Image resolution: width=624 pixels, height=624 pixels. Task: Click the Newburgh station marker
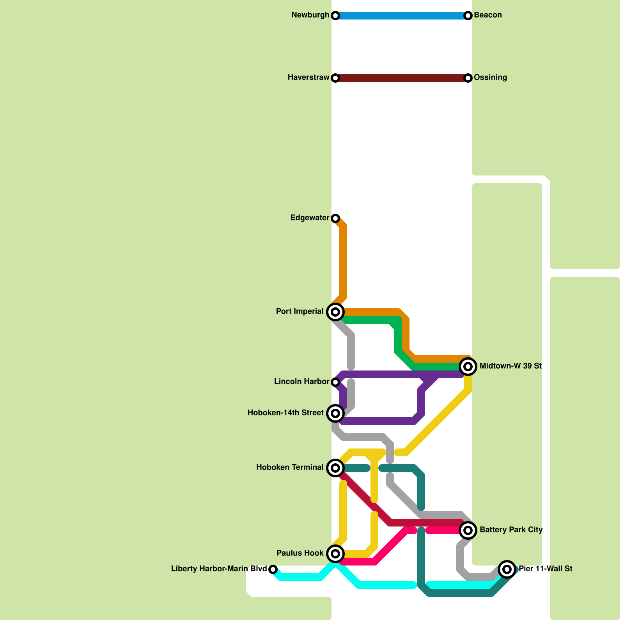335,16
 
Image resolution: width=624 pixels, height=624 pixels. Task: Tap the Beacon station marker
468,16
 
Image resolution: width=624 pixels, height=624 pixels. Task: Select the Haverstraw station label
308,78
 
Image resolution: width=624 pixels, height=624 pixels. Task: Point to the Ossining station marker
468,78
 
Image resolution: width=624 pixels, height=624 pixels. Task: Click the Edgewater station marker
335,218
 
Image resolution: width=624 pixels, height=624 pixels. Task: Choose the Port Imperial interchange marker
335,312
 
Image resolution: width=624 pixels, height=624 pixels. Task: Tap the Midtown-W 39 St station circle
468,367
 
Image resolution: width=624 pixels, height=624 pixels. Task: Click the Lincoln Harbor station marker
335,382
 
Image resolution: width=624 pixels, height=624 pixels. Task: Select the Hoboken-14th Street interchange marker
335,413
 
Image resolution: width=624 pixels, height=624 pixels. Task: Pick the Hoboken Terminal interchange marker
335,468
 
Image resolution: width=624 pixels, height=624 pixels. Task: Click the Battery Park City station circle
468,530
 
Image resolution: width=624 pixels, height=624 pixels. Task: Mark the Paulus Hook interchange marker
335,554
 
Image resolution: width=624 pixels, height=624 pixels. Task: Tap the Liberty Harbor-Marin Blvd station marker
273,569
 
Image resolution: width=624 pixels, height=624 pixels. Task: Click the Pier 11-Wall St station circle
507,569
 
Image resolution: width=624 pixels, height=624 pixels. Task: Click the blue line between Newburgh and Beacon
402,16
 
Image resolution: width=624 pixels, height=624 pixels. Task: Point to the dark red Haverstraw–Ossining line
402,78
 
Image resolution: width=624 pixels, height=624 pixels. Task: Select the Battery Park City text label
511,530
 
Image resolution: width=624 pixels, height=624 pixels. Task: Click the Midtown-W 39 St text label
511,366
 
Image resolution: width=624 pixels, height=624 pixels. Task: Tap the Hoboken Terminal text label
290,468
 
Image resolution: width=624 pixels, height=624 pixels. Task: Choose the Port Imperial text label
300,312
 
